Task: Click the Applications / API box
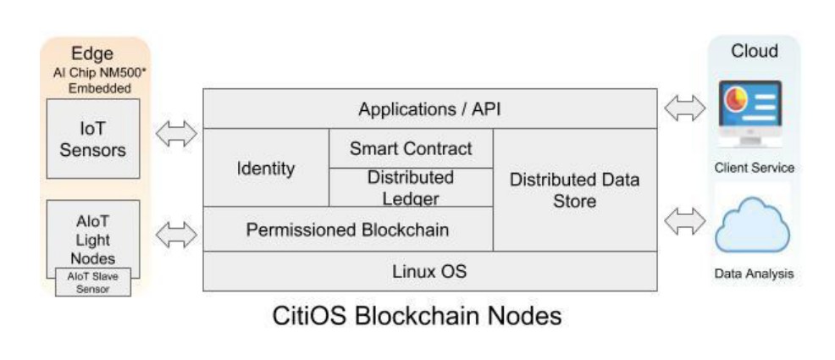(429, 108)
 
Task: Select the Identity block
(266, 168)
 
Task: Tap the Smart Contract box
(411, 148)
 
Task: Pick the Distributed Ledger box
(411, 188)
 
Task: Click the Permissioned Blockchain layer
(347, 230)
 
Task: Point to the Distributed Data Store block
(575, 190)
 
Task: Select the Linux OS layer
(429, 272)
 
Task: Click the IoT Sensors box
(92, 140)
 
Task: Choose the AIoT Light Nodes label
(92, 238)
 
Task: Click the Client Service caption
(754, 168)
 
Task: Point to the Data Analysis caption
(754, 274)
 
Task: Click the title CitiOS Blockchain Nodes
(417, 317)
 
